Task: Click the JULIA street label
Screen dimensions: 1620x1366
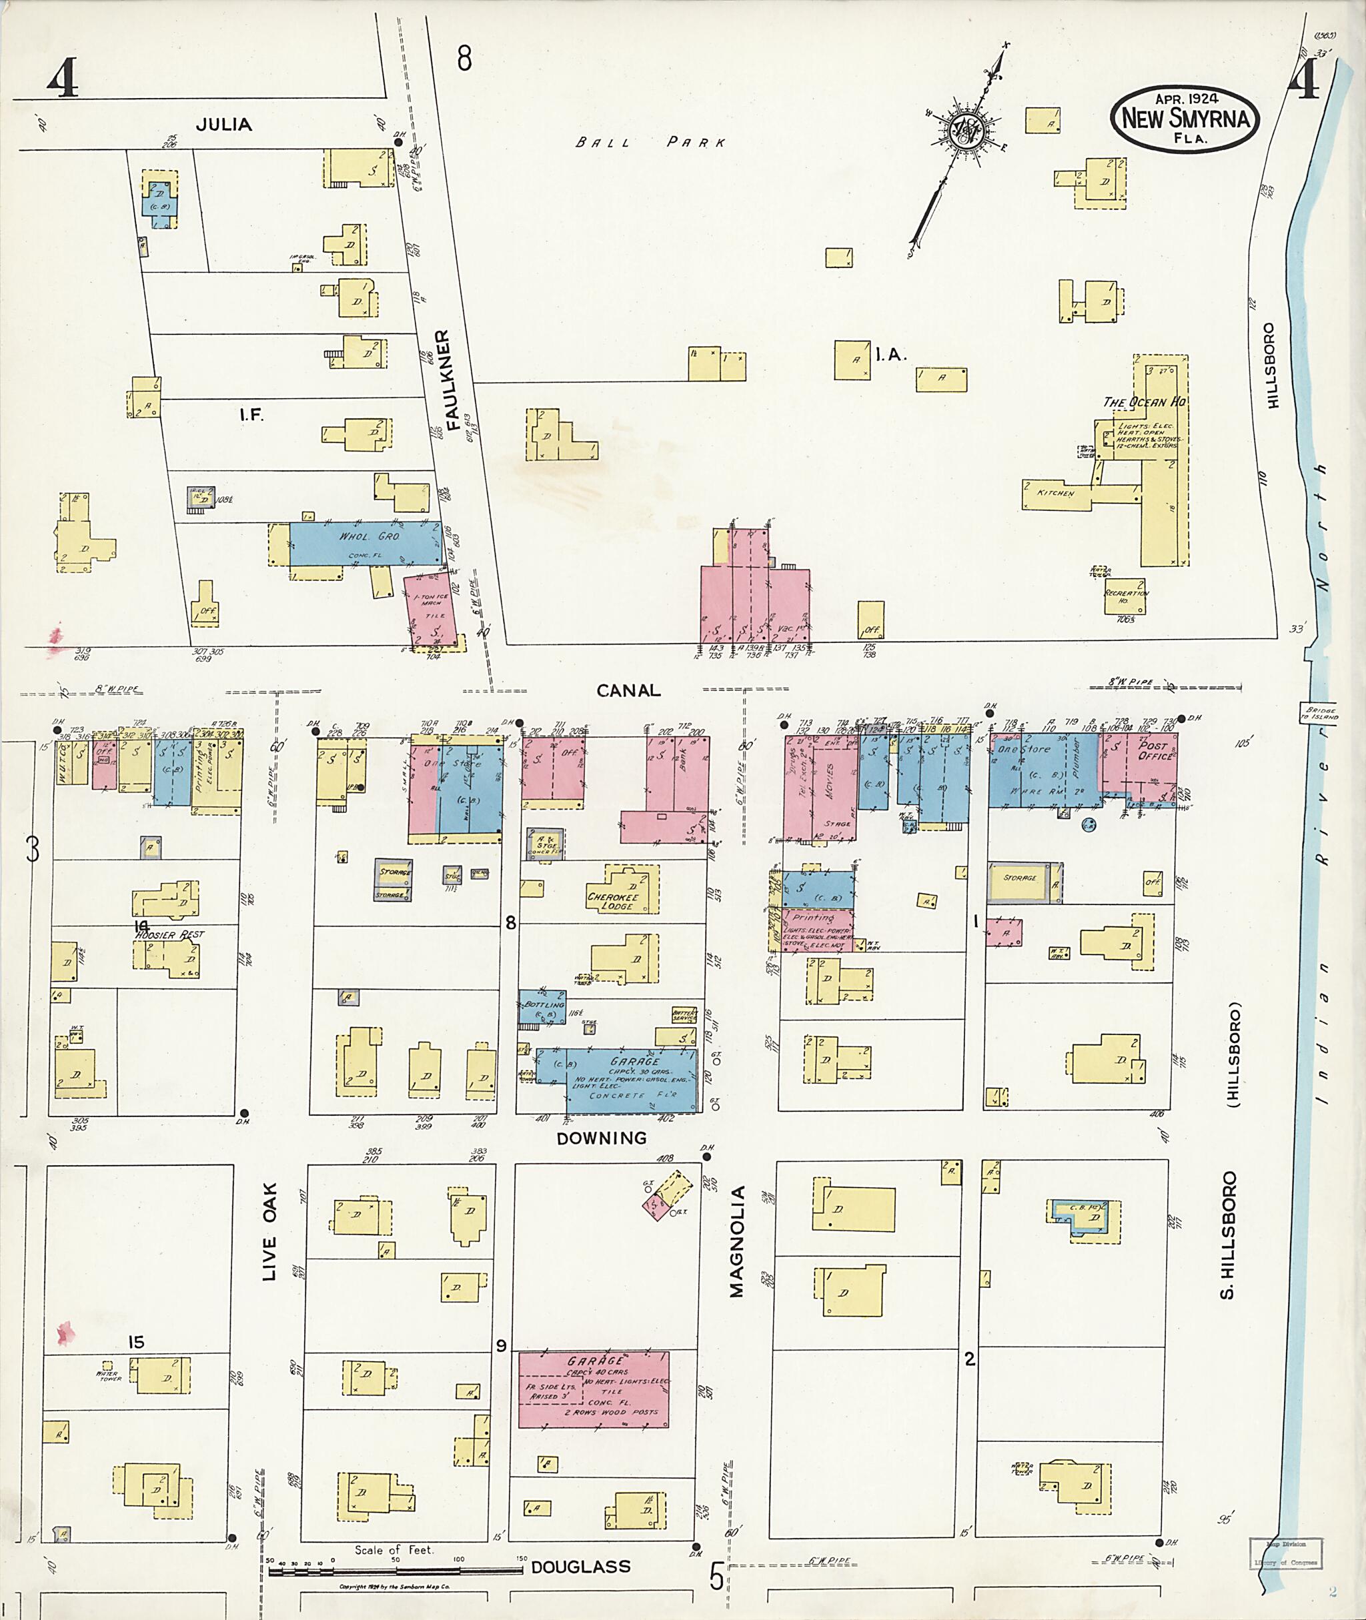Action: pyautogui.click(x=224, y=124)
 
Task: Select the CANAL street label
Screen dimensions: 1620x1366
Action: pyautogui.click(x=628, y=690)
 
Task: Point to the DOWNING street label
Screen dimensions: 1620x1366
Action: pyautogui.click(x=602, y=1138)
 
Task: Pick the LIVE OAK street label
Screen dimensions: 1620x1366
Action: pyautogui.click(x=269, y=1231)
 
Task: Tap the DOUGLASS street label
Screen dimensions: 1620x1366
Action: pyautogui.click(x=581, y=1567)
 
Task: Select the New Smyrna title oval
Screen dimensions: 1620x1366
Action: pyautogui.click(x=1185, y=119)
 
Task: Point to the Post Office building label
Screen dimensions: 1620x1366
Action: pyautogui.click(x=1153, y=750)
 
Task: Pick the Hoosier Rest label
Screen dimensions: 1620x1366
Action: pyautogui.click(x=169, y=934)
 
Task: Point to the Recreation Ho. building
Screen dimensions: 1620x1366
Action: pyautogui.click(x=1125, y=596)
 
